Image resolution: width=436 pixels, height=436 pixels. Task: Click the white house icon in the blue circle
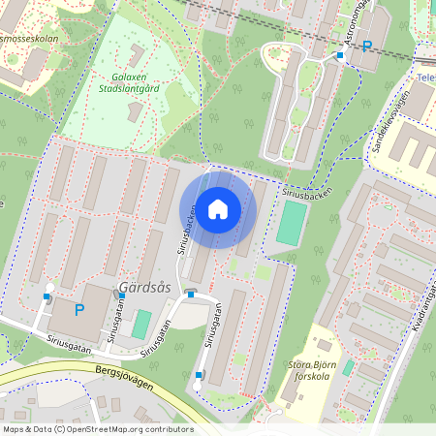pos(218,209)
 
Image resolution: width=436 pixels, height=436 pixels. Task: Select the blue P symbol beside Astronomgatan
pos(367,46)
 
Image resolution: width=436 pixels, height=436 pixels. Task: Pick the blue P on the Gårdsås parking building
pos(79,310)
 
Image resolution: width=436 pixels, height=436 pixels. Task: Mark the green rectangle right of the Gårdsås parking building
pos(141,323)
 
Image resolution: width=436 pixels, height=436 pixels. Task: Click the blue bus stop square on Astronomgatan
pos(339,55)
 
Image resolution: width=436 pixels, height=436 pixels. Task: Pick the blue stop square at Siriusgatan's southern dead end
pos(200,374)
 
